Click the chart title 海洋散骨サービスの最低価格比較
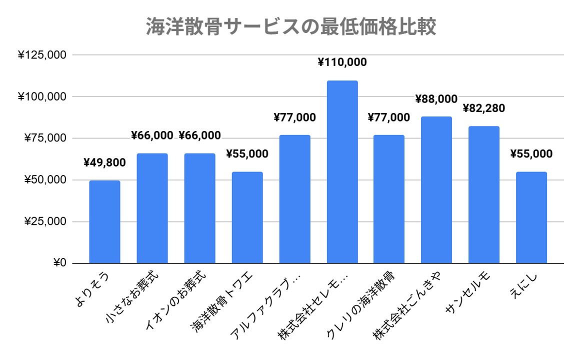(x=291, y=27)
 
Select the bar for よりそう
(x=104, y=222)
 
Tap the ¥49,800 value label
(x=104, y=162)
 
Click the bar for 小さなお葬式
(x=152, y=208)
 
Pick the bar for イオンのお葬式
(x=199, y=208)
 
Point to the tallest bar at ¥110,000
(x=342, y=172)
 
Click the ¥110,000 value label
(x=342, y=62)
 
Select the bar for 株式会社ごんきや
(x=436, y=190)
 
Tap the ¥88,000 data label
(x=436, y=99)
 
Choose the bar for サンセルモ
(x=483, y=195)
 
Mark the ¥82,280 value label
(x=483, y=108)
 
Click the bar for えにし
(x=531, y=217)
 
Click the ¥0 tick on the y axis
(x=59, y=263)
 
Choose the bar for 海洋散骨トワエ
(x=247, y=217)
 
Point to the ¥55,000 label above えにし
(x=531, y=154)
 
